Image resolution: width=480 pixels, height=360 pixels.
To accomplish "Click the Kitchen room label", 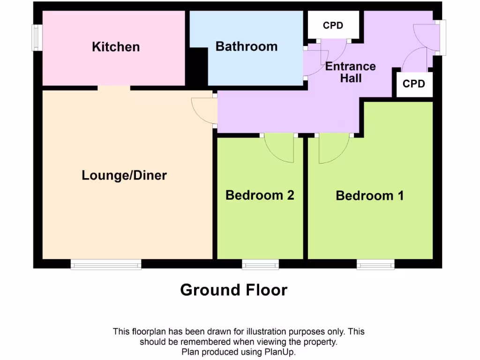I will pos(116,47).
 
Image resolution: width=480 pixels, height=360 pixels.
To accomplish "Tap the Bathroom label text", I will pos(246,46).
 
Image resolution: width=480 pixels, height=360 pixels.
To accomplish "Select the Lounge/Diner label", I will pos(124,175).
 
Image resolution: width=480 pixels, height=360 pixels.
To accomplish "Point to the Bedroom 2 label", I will pos(260,195).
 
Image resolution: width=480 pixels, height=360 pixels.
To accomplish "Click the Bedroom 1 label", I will pos(370,195).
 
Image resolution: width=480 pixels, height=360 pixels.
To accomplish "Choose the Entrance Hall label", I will pos(351,72).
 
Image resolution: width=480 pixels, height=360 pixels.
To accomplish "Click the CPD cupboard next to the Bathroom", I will pos(333,25).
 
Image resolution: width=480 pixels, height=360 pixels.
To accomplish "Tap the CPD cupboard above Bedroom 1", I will pos(414,84).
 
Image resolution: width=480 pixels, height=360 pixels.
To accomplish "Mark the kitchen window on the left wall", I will pos(36,37).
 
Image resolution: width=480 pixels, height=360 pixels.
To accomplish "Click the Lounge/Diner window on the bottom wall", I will pos(106,265).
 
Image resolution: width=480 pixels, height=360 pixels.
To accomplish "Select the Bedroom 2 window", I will pos(260,265).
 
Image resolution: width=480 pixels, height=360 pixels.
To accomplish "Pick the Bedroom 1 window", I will pos(375,265).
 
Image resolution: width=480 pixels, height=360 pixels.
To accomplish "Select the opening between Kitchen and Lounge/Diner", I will pos(114,88).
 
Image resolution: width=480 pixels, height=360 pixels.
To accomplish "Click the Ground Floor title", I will pos(233,290).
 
